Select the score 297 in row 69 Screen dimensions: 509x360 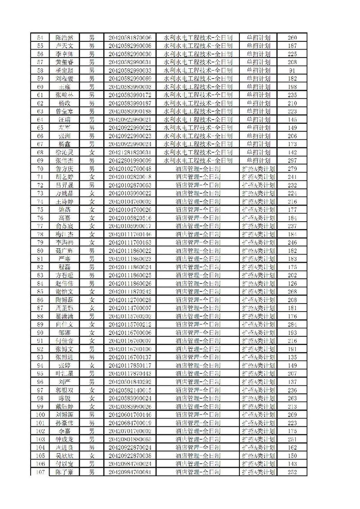[x=292, y=161]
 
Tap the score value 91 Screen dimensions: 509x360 [x=292, y=71]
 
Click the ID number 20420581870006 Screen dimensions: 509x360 [x=130, y=38]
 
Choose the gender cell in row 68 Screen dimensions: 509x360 [x=92, y=152]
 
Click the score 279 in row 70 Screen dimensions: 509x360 [x=292, y=169]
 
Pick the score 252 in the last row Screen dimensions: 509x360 [x=292, y=472]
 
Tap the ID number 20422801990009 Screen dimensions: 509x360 [x=130, y=161]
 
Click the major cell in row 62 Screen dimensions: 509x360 [x=198, y=103]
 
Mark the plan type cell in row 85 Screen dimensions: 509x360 [x=258, y=292]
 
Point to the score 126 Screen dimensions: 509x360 [x=292, y=284]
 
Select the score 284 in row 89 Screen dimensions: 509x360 [x=292, y=325]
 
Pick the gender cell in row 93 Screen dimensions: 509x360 [x=92, y=357]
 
